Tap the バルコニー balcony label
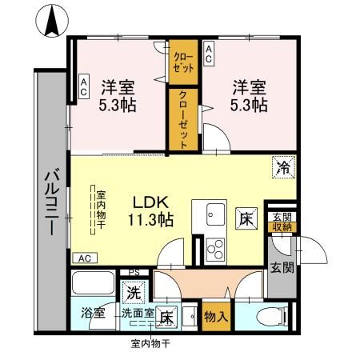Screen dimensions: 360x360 tap(50, 201)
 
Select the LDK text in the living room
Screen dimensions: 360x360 tap(147, 202)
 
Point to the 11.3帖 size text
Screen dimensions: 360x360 tap(149, 218)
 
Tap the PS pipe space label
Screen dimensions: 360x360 tap(134, 272)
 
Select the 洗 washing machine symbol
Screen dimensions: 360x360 tap(131, 294)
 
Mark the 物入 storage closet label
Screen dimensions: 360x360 tap(215, 317)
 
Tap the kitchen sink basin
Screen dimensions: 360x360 tap(216, 215)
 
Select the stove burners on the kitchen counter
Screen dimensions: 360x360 tap(215, 246)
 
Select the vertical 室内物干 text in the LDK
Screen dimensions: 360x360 tap(102, 210)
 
